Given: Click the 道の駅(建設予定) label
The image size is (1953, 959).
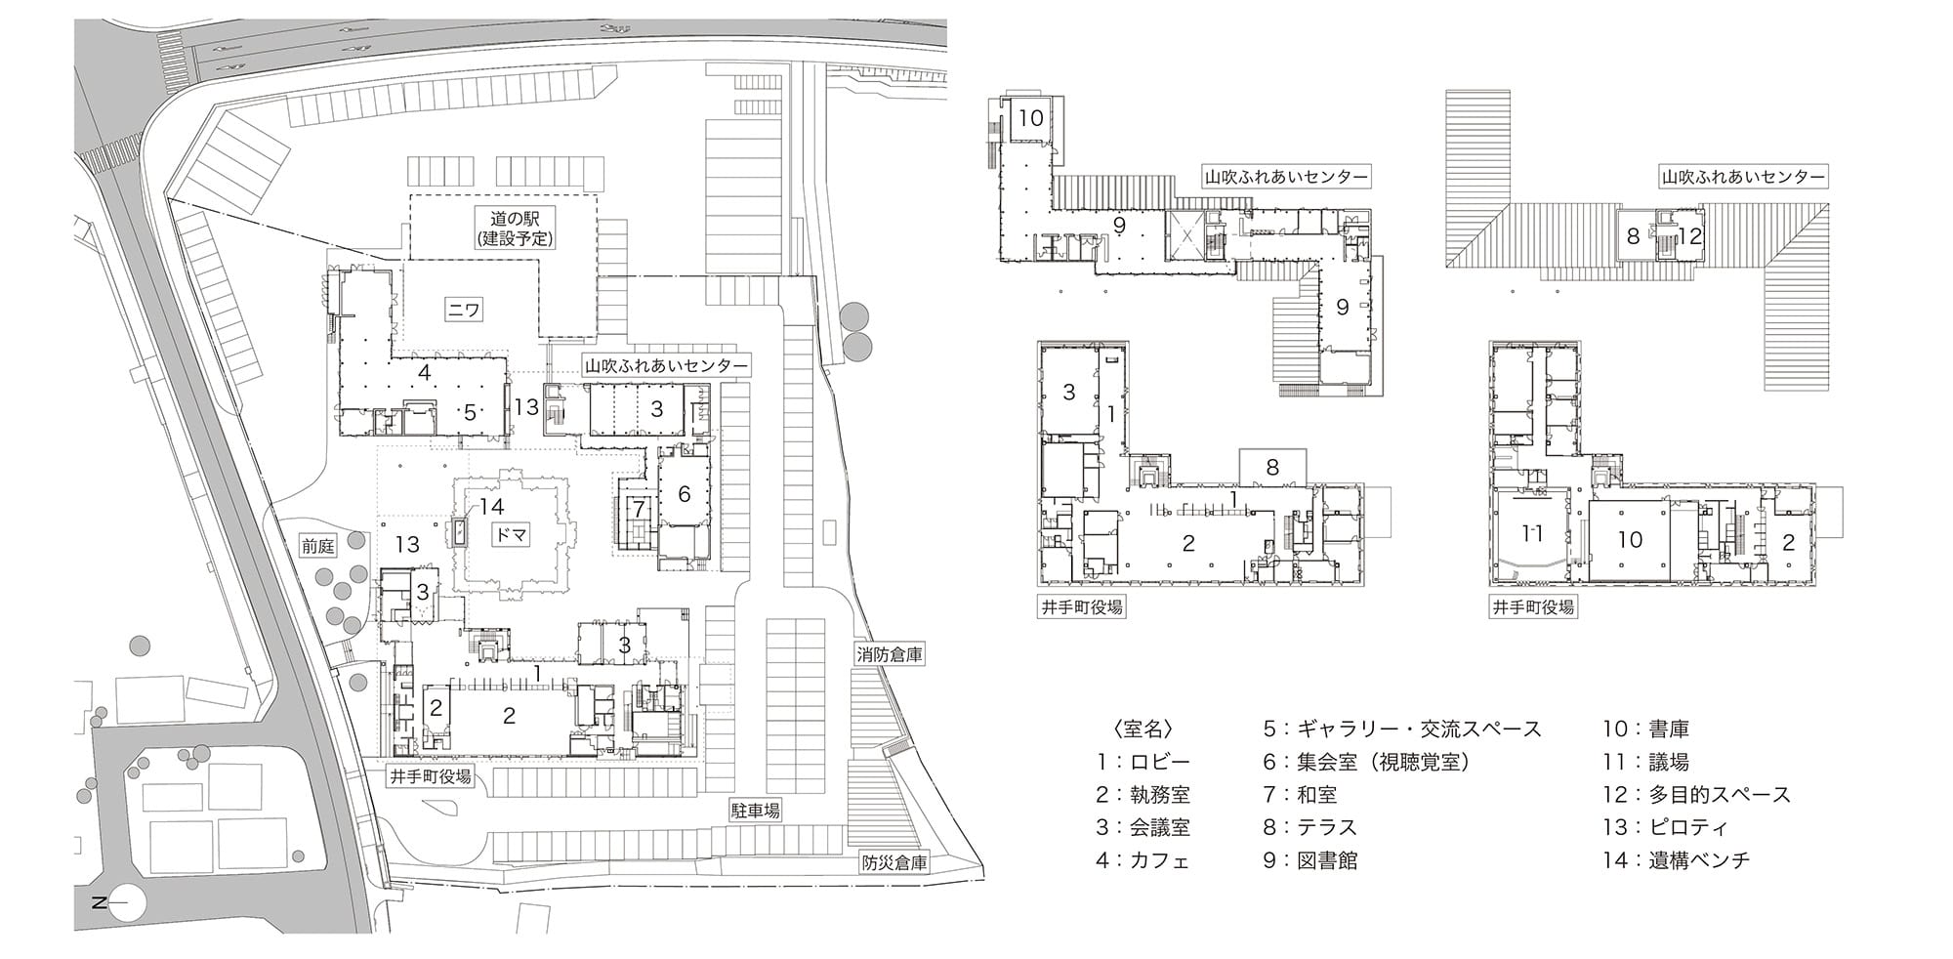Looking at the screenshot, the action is click(516, 227).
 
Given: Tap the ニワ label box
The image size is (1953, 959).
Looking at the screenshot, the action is click(465, 310).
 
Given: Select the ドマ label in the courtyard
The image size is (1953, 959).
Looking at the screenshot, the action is click(510, 534).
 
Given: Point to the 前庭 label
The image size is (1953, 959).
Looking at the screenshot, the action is click(318, 546).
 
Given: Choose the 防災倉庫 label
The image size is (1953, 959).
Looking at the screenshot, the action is click(894, 863).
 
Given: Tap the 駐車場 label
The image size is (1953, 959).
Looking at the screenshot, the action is click(755, 810).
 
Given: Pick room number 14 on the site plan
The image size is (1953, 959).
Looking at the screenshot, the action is click(490, 506).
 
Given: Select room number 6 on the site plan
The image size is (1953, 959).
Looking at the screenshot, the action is click(684, 494).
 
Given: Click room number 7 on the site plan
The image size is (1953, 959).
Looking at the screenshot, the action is click(639, 509).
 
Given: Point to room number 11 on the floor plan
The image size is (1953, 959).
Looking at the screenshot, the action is click(1532, 533).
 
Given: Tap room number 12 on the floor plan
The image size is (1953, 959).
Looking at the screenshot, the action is click(1689, 235).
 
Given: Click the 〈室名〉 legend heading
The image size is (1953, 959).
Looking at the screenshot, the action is click(1142, 730).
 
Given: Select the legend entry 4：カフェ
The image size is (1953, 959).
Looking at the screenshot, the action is click(1143, 860).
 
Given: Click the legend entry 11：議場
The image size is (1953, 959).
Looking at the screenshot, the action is click(1645, 762).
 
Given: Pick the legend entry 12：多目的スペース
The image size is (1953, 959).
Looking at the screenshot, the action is click(1696, 795).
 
